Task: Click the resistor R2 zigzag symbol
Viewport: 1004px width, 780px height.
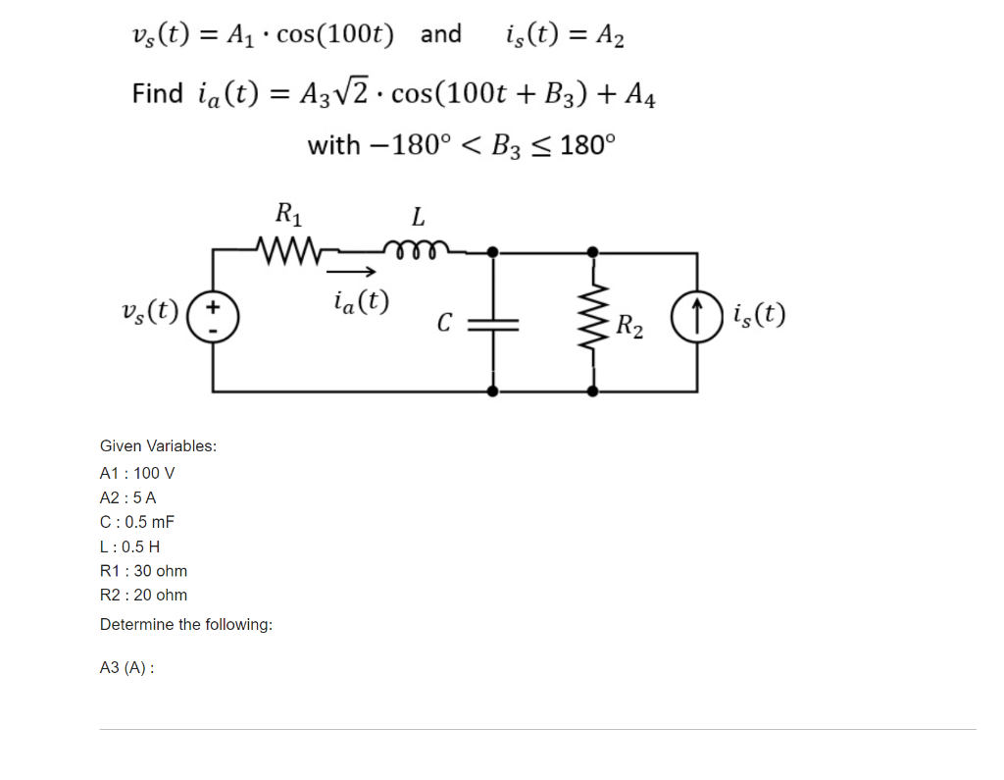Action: pyautogui.click(x=592, y=320)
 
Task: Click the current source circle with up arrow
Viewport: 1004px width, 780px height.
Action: pyautogui.click(x=697, y=320)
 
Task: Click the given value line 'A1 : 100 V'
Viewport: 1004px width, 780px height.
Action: pyautogui.click(x=137, y=473)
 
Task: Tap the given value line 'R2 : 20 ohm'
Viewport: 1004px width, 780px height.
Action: pyautogui.click(x=143, y=595)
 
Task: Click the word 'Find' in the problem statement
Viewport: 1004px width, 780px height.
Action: pyautogui.click(x=158, y=94)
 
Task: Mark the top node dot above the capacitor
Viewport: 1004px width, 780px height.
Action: pyautogui.click(x=493, y=252)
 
